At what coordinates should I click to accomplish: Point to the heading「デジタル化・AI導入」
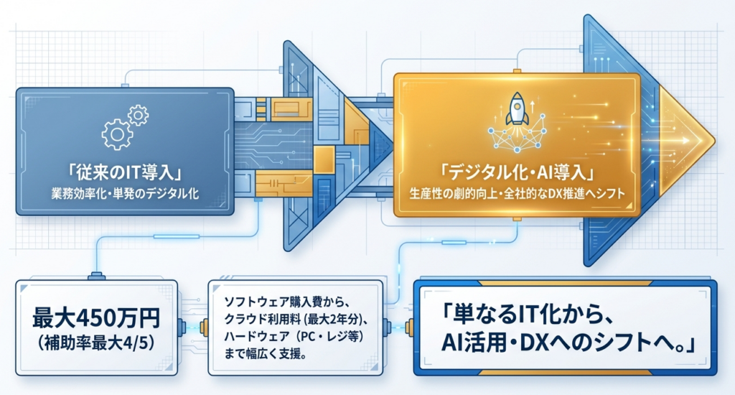click(516, 173)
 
